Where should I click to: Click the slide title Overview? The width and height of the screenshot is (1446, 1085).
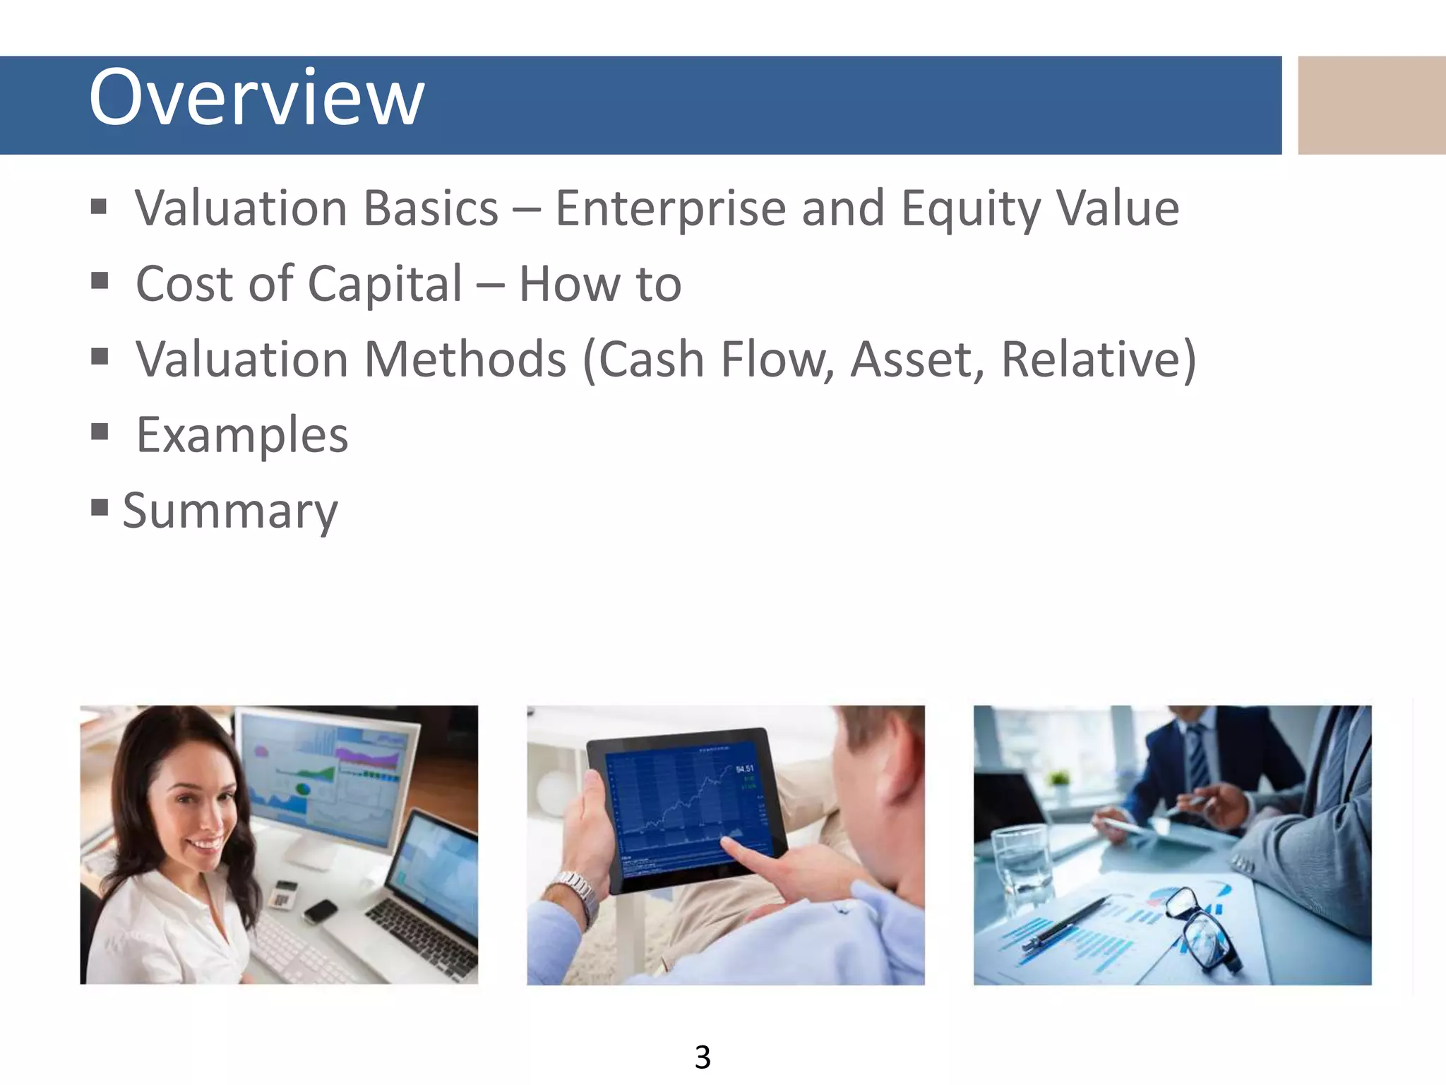pos(256,97)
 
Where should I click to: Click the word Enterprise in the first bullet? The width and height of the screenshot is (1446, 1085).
pos(671,209)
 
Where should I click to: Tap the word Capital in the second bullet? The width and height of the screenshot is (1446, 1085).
pos(385,284)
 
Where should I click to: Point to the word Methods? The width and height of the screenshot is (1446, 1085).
pos(465,360)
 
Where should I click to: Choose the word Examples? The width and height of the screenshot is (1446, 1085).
pos(242,435)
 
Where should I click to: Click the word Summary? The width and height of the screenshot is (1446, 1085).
pos(230,510)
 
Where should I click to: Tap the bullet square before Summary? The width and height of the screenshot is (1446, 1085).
pos(100,507)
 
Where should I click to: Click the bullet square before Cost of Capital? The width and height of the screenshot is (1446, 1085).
pos(100,281)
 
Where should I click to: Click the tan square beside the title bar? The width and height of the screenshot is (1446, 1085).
pos(1371,105)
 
